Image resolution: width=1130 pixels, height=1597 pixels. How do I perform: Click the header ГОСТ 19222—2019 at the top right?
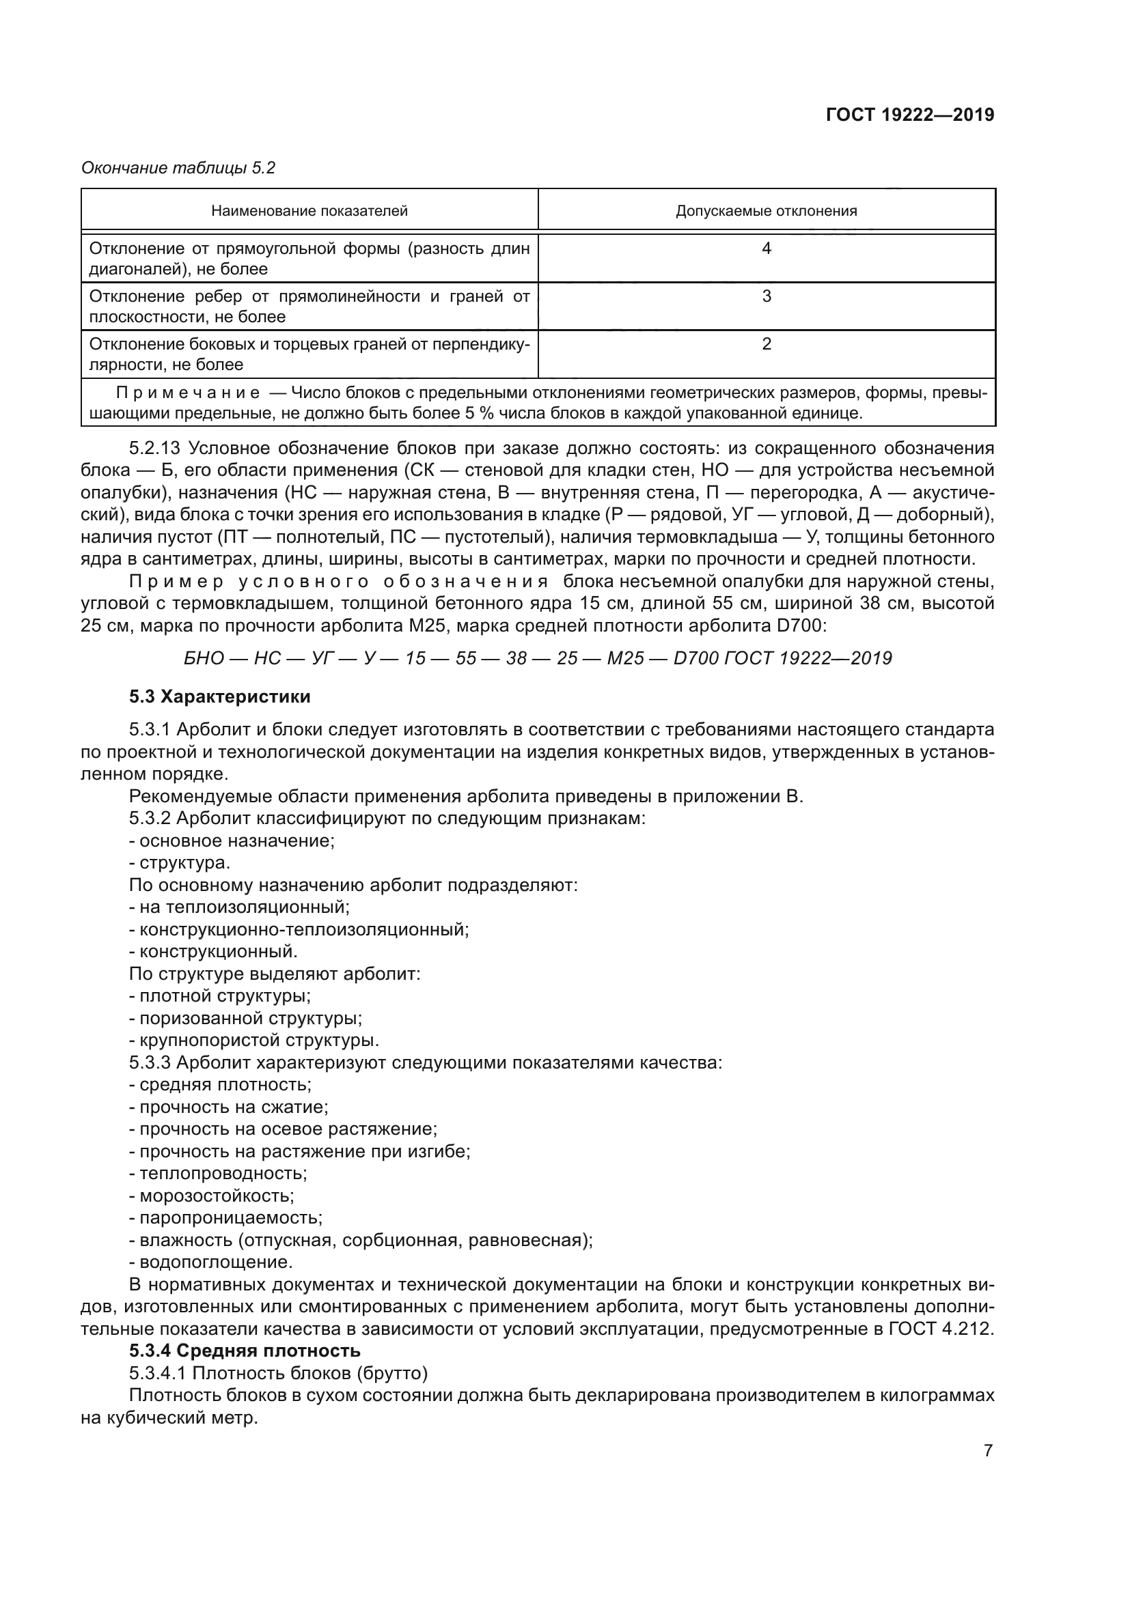tap(909, 115)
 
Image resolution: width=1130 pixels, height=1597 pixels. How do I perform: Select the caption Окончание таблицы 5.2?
tap(178, 168)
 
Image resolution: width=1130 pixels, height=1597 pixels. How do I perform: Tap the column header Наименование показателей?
tap(309, 211)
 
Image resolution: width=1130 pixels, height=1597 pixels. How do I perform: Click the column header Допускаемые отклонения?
tap(766, 211)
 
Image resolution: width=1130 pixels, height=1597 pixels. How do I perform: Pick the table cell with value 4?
tap(766, 249)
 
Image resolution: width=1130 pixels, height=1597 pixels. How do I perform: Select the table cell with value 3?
tap(766, 296)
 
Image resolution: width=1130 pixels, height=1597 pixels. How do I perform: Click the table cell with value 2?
tap(766, 344)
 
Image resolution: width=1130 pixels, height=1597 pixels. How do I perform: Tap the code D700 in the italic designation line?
tap(695, 658)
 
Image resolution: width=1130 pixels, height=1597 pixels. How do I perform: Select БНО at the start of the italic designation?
tap(203, 658)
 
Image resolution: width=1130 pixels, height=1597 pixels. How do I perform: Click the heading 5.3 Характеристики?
tap(220, 696)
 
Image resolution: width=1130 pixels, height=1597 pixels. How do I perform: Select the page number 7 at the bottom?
tap(988, 1451)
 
